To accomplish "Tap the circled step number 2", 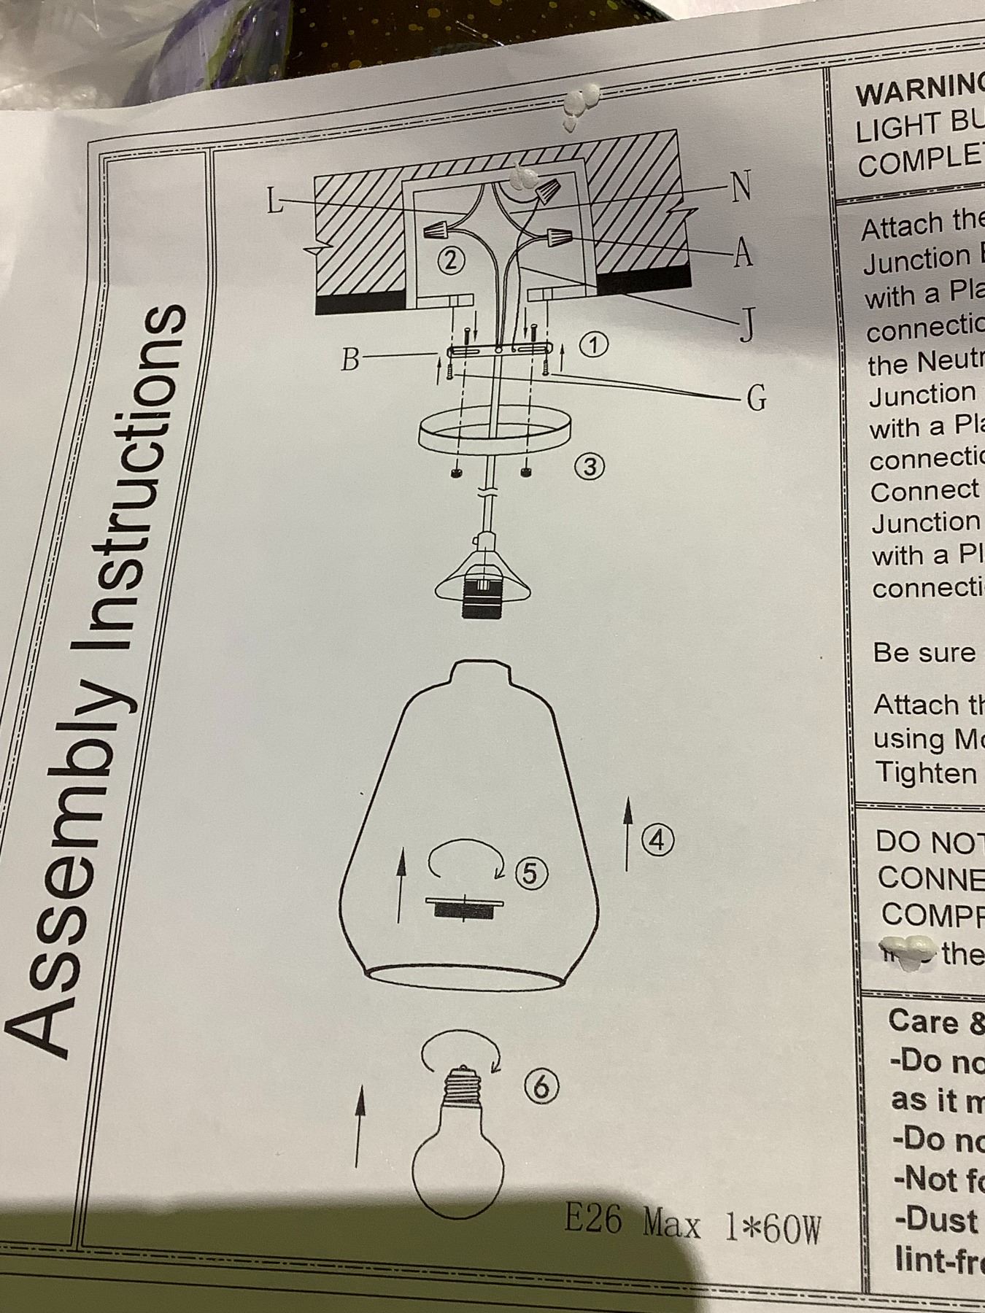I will tap(451, 260).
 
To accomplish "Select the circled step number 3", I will tap(591, 465).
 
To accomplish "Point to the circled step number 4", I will tap(657, 840).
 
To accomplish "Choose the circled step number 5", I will tap(530, 872).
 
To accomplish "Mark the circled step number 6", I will tap(541, 1087).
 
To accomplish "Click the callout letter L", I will tap(274, 200).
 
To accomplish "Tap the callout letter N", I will tap(741, 188).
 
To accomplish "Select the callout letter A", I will tap(742, 254).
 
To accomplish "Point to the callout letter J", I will tap(745, 325).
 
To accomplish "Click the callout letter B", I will tap(351, 359).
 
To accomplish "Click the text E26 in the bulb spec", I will tap(592, 1217).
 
